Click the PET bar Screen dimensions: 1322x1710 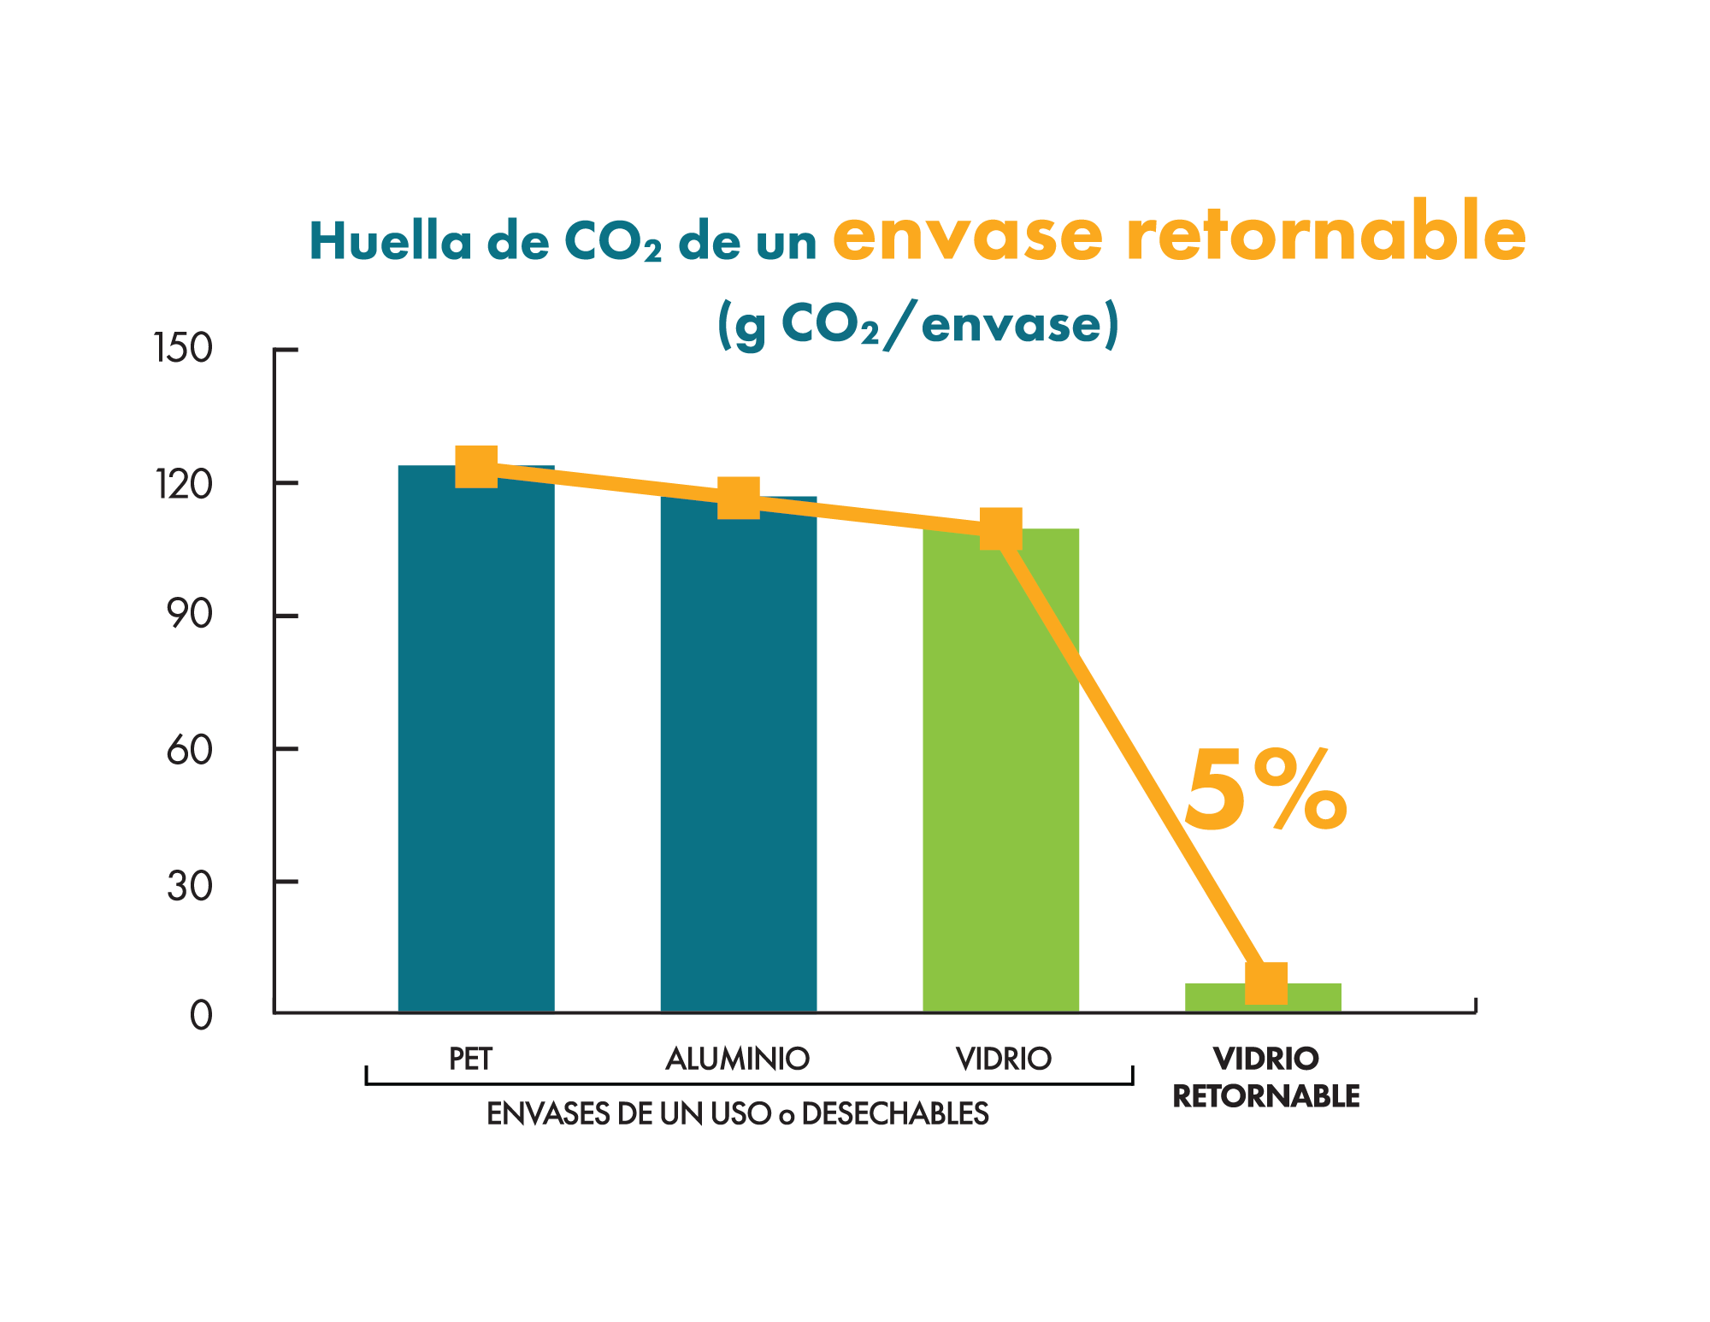tap(475, 744)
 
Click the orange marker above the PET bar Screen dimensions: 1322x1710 tap(476, 466)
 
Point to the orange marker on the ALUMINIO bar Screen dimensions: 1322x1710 tap(739, 498)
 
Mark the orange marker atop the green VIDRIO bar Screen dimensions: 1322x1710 tap(1000, 528)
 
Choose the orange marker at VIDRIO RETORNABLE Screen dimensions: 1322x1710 tap(1265, 983)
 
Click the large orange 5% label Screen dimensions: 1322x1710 tap(1265, 791)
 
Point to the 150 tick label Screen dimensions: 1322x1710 tap(183, 349)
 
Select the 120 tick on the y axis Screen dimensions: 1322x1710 tap(183, 484)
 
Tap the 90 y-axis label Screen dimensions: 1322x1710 tap(189, 615)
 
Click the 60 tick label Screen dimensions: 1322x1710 tap(189, 750)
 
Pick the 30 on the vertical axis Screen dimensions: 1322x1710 tap(189, 885)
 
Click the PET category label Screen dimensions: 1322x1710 tap(471, 1059)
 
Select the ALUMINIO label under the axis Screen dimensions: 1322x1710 tap(737, 1059)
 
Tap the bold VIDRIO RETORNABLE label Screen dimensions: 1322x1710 tap(1265, 1077)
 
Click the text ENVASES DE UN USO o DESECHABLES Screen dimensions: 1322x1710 tap(737, 1113)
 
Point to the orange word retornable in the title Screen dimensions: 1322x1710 tap(1325, 233)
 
